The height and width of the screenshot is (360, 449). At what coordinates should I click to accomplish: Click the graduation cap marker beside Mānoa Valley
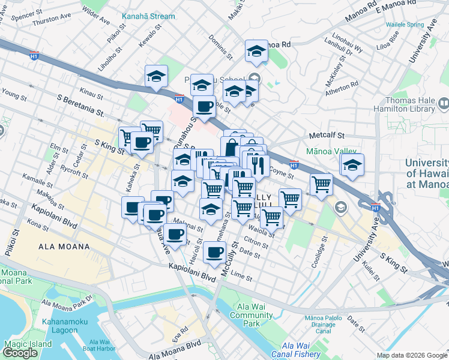tap(353, 164)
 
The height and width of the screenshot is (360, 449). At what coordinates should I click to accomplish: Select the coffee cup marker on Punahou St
tap(204, 107)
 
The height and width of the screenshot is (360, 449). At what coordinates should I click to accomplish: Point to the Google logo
tap(20, 352)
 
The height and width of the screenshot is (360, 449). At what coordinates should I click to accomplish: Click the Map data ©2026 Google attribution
tap(412, 355)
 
